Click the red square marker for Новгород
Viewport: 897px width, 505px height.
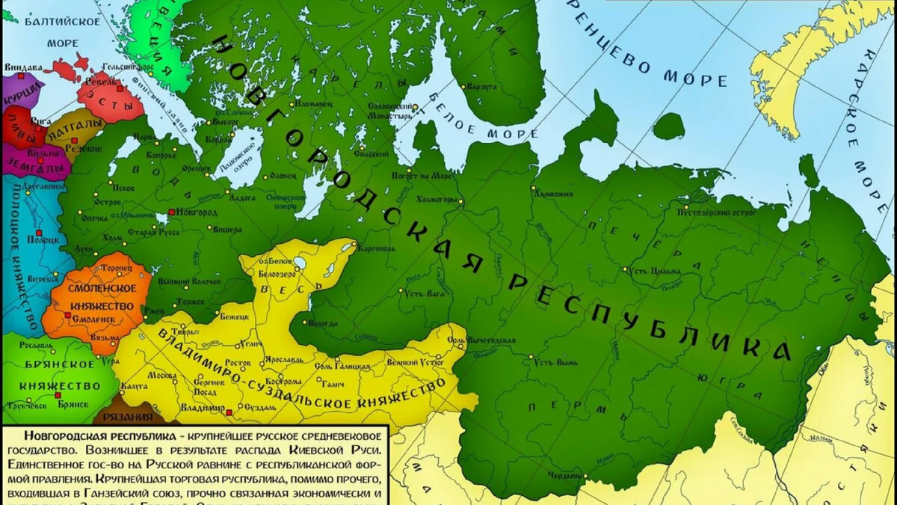pos(171,212)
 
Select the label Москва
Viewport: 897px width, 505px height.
pos(162,375)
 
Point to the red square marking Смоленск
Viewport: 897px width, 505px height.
pos(67,316)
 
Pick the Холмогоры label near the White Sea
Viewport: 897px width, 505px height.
pos(434,200)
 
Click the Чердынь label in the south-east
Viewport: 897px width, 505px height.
pos(562,474)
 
